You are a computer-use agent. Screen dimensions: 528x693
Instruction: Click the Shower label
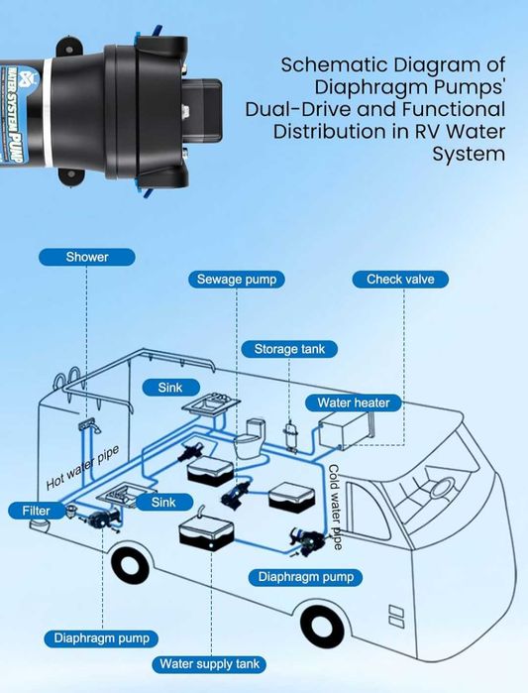tap(87, 257)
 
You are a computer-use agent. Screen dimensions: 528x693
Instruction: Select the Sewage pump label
tap(237, 280)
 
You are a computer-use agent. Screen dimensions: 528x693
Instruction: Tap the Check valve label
tap(400, 280)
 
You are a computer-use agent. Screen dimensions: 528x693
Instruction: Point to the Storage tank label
tap(289, 349)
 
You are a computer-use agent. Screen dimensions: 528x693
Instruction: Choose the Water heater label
tap(354, 403)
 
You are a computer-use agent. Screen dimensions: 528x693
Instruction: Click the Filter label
tap(36, 511)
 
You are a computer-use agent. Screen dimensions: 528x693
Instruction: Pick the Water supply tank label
tap(209, 664)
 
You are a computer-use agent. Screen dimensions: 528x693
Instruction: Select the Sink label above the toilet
tap(170, 388)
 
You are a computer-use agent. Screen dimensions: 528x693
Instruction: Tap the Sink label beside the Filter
tap(163, 502)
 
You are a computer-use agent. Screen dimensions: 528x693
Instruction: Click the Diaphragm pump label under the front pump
tap(305, 577)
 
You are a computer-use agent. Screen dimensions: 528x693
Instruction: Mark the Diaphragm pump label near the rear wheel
tap(101, 638)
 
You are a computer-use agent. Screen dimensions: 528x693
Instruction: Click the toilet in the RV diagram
tap(250, 438)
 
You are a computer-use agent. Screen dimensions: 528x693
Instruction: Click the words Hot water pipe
tap(82, 468)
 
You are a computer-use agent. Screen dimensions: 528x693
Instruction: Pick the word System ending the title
tap(469, 155)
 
